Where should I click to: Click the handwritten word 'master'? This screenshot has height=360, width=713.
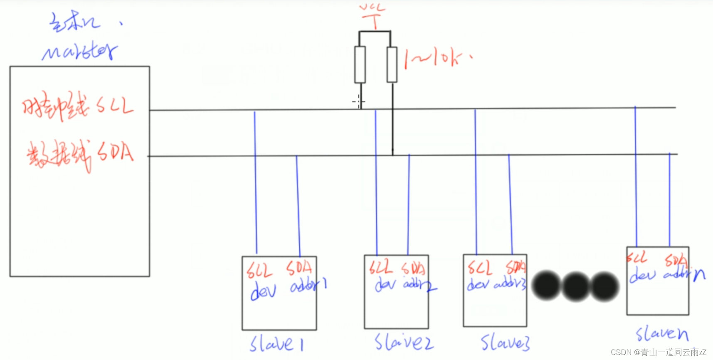click(79, 52)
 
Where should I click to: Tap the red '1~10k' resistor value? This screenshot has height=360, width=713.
click(437, 59)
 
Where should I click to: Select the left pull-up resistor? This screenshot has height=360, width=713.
click(360, 64)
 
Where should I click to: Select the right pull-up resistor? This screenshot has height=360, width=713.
click(392, 64)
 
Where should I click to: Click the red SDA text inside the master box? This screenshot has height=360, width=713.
click(116, 152)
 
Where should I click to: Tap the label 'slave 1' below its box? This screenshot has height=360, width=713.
click(276, 344)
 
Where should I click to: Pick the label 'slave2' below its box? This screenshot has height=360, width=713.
click(404, 342)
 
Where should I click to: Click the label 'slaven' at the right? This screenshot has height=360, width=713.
click(662, 333)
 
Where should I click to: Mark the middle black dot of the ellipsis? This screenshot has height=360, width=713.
click(576, 286)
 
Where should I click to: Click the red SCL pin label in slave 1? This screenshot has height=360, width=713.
click(259, 271)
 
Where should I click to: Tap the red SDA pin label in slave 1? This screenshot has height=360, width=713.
click(299, 269)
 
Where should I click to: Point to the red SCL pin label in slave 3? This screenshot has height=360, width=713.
click(479, 268)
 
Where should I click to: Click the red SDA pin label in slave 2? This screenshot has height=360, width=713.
click(413, 269)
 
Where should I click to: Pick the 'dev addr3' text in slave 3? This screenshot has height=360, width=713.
click(496, 285)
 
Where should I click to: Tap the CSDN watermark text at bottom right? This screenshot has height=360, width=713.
click(659, 353)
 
